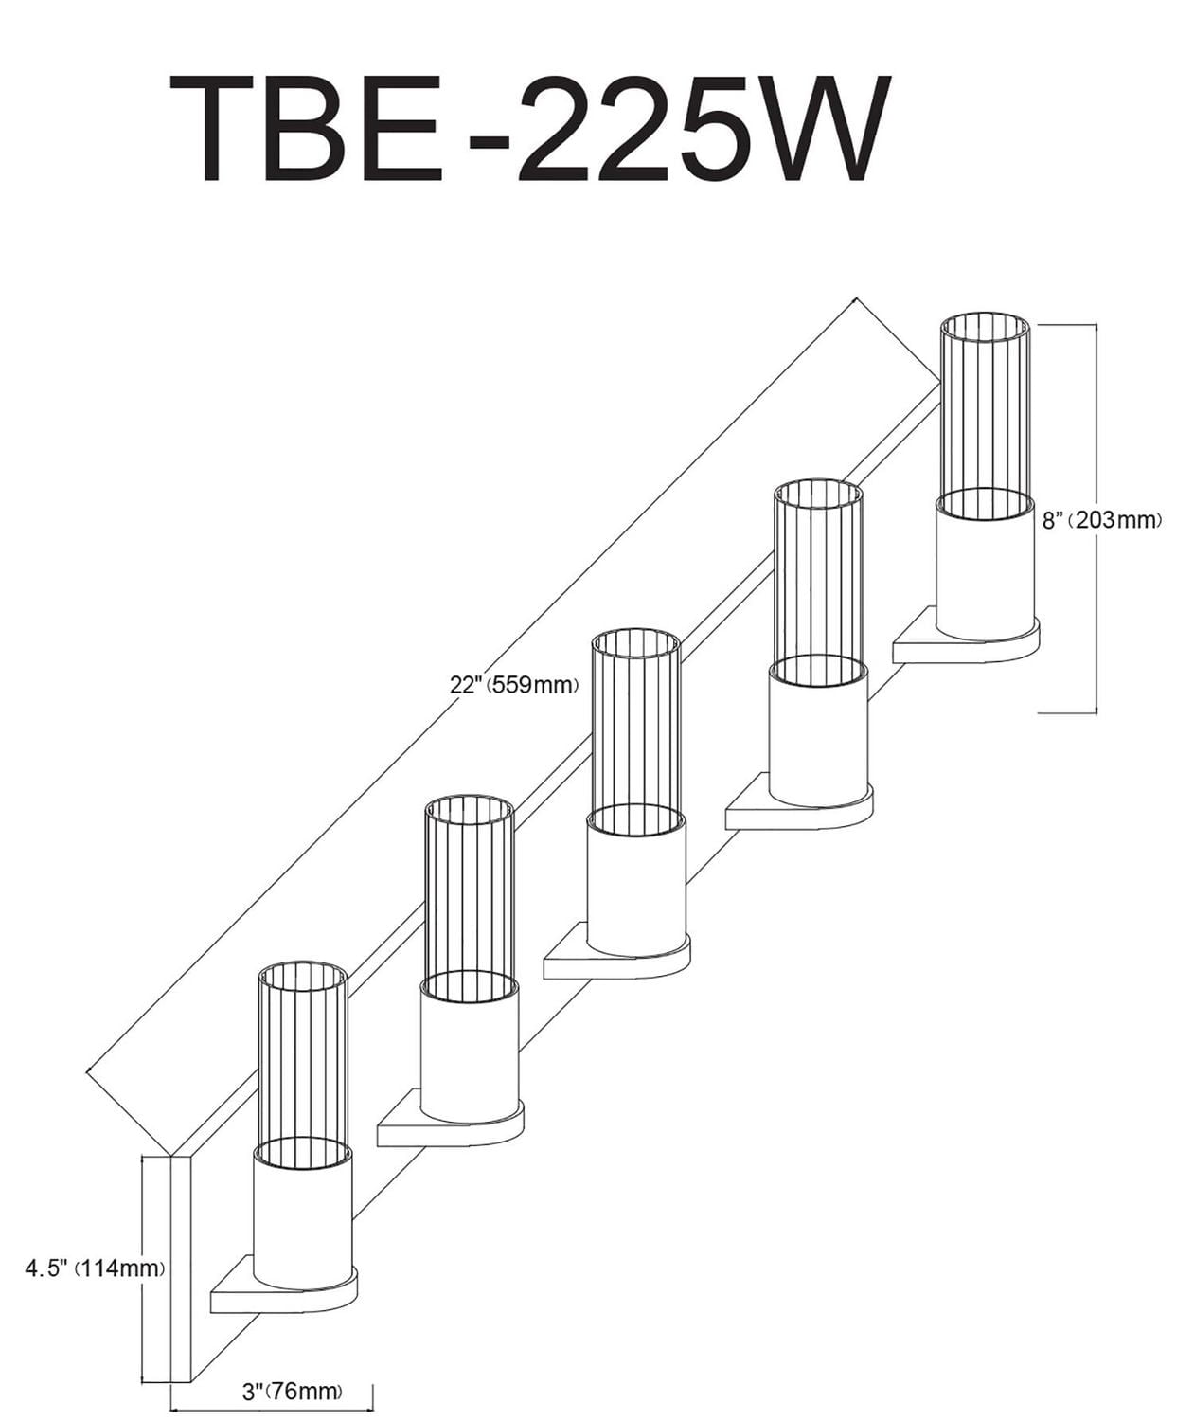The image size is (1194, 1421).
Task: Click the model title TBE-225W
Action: (x=530, y=129)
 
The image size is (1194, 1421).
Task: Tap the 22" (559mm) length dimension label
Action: (x=514, y=684)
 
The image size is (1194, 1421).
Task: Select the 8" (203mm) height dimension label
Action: (x=1101, y=520)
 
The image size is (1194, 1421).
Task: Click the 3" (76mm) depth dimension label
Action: (x=292, y=1392)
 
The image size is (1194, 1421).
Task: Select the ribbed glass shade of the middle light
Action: (x=635, y=720)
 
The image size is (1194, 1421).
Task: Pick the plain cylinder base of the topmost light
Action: (x=985, y=568)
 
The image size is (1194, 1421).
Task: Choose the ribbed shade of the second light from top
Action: (x=818, y=573)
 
